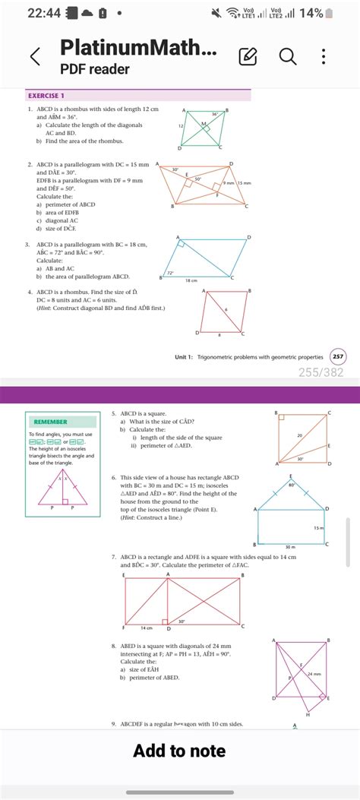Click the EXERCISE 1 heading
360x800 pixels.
click(46, 96)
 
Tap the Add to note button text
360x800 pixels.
click(179, 751)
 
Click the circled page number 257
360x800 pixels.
click(338, 356)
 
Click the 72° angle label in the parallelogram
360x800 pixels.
click(171, 272)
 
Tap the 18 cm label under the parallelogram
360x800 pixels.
click(192, 281)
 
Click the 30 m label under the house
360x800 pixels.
click(289, 546)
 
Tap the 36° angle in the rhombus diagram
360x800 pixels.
click(215, 114)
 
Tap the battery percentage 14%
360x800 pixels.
click(331, 14)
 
